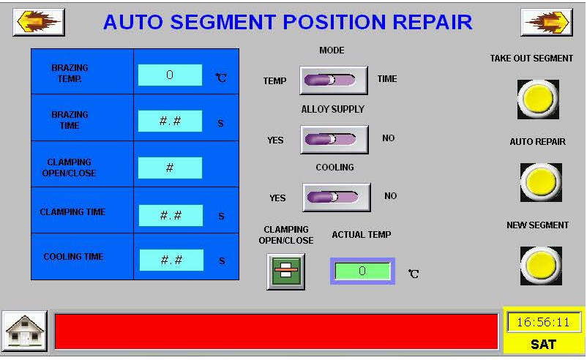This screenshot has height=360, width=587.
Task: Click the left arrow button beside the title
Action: (x=39, y=22)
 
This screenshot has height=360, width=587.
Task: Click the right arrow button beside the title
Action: (x=547, y=22)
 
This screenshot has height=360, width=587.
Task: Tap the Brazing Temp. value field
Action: (x=170, y=75)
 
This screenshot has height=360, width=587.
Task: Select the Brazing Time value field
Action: (x=170, y=121)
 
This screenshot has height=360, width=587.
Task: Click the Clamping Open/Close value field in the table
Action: (x=170, y=168)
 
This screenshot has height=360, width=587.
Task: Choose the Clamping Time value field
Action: (x=171, y=215)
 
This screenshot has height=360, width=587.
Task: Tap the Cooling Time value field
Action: (x=171, y=260)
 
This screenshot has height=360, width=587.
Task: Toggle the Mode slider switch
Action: (x=334, y=80)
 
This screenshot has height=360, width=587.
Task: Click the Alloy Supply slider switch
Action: (x=334, y=140)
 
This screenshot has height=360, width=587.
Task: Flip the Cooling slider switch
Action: (x=337, y=198)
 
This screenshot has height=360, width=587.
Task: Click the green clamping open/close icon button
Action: (x=286, y=271)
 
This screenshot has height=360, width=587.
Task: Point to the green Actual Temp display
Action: (x=362, y=271)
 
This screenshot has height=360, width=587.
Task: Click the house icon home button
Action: (x=25, y=331)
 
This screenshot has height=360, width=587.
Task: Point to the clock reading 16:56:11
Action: (x=543, y=322)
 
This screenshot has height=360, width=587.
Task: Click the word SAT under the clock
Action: (x=543, y=345)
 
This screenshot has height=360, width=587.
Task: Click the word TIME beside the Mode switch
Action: (x=387, y=79)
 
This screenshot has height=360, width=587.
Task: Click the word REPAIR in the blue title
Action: (x=433, y=22)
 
